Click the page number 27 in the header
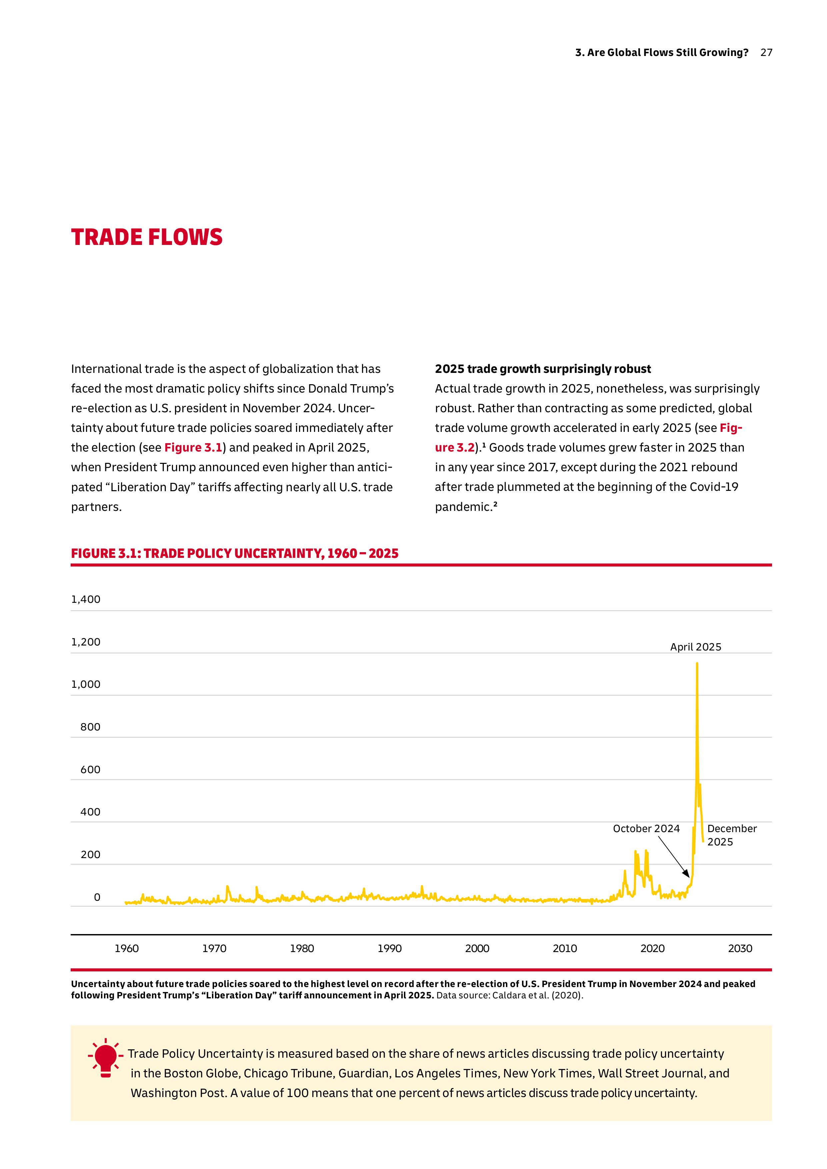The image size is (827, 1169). coord(766,52)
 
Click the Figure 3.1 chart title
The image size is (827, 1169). coord(234,554)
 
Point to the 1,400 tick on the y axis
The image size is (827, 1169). coord(86,599)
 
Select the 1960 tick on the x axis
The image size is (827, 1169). coord(126,948)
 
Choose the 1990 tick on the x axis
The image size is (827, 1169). coord(390,948)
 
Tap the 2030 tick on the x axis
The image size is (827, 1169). coord(740,948)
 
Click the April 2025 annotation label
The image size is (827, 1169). coord(696,647)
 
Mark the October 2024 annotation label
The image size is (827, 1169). coord(646,829)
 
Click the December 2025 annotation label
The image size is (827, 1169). coord(732,835)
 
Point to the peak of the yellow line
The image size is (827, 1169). coord(697,663)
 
